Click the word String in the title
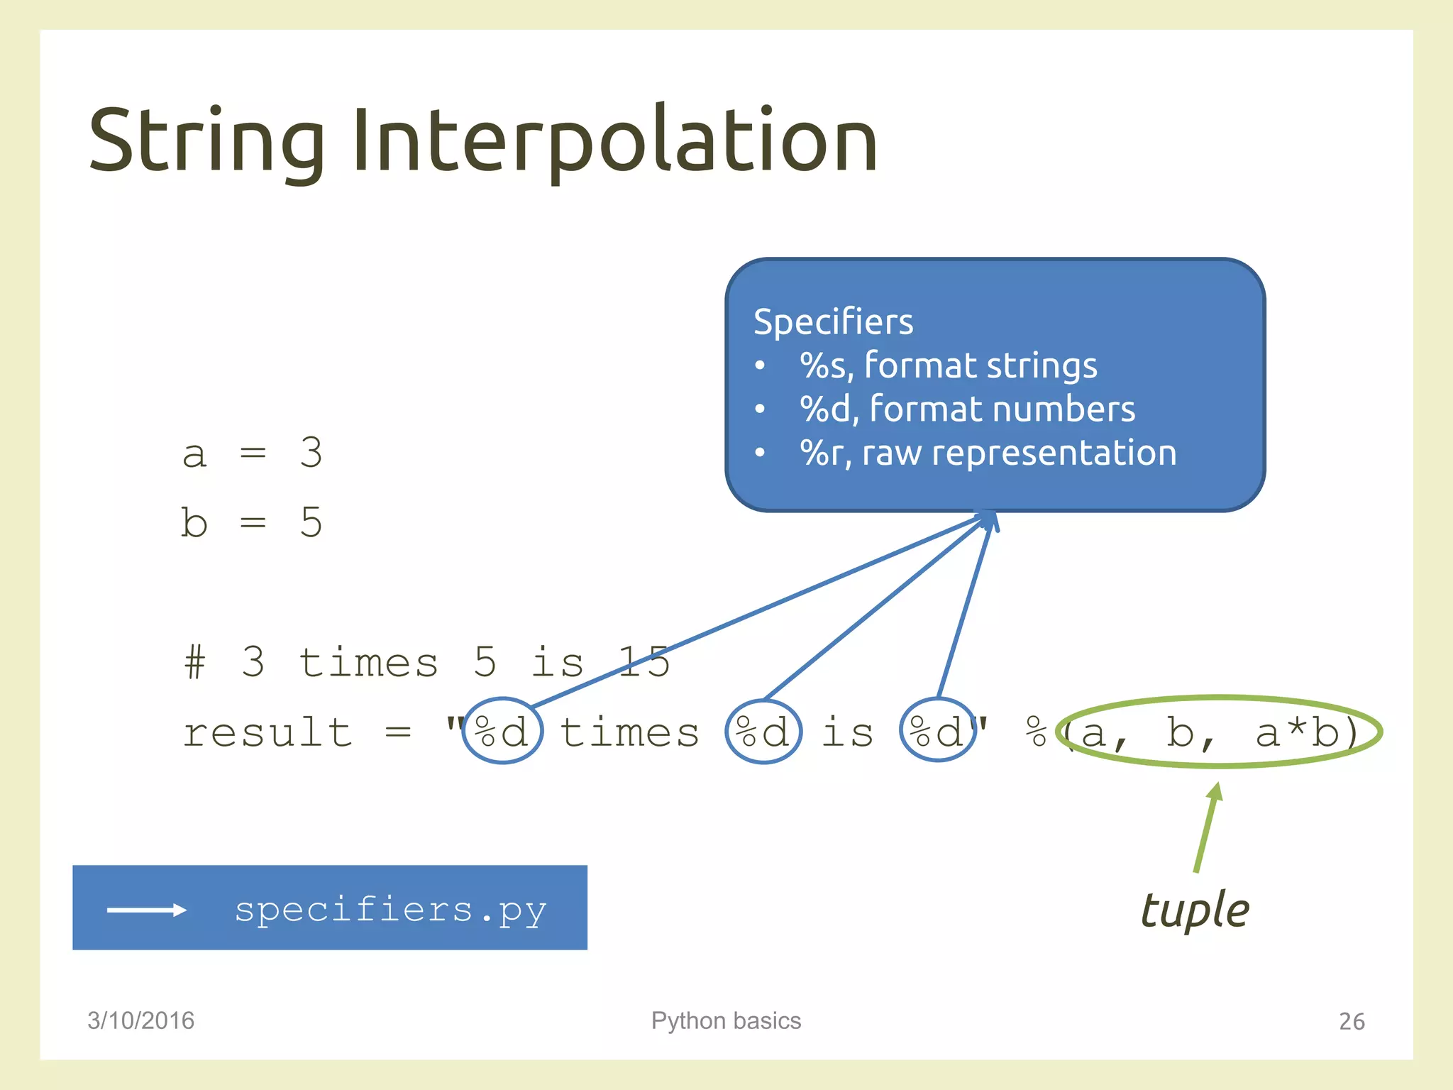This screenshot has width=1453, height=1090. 206,141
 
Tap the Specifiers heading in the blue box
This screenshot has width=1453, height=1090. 833,321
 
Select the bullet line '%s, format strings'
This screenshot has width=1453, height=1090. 948,365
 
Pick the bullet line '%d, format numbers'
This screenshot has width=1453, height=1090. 967,409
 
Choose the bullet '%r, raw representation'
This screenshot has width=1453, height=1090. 988,453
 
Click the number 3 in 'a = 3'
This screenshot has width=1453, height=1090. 311,452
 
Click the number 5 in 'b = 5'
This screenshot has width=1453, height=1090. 311,522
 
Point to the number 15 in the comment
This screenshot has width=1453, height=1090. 644,662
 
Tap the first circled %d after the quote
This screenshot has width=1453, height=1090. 502,731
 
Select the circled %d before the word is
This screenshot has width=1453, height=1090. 763,731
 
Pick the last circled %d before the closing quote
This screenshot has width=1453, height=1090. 937,731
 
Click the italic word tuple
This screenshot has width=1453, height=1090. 1195,910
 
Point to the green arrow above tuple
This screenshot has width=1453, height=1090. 1206,827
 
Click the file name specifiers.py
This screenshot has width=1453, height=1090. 390,910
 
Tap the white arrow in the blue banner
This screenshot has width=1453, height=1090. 146,910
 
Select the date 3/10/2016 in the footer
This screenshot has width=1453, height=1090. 140,1020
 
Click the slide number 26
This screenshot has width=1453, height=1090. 1352,1021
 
